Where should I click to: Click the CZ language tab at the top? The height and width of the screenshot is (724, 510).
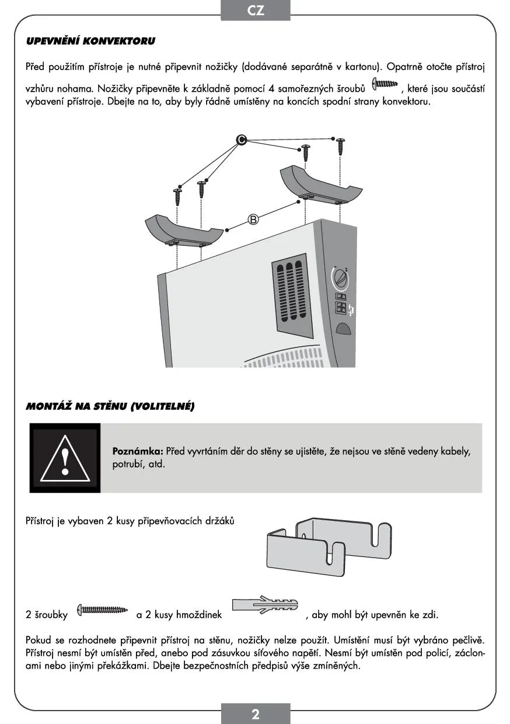coord(255,11)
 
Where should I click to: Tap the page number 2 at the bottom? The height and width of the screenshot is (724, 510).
coord(255,714)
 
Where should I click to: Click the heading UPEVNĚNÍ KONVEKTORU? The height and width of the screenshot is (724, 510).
coord(90,41)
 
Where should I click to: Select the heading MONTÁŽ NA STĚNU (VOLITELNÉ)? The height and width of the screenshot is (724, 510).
coord(110,406)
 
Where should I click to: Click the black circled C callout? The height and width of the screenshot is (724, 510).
coord(242,140)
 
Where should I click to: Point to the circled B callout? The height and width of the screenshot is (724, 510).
coord(253,220)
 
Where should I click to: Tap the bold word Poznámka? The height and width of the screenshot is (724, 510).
coord(137,451)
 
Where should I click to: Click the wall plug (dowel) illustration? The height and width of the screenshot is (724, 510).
coord(266,605)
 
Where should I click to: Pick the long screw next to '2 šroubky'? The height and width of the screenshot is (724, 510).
coord(103,610)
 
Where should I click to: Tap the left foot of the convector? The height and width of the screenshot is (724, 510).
coord(184,230)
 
